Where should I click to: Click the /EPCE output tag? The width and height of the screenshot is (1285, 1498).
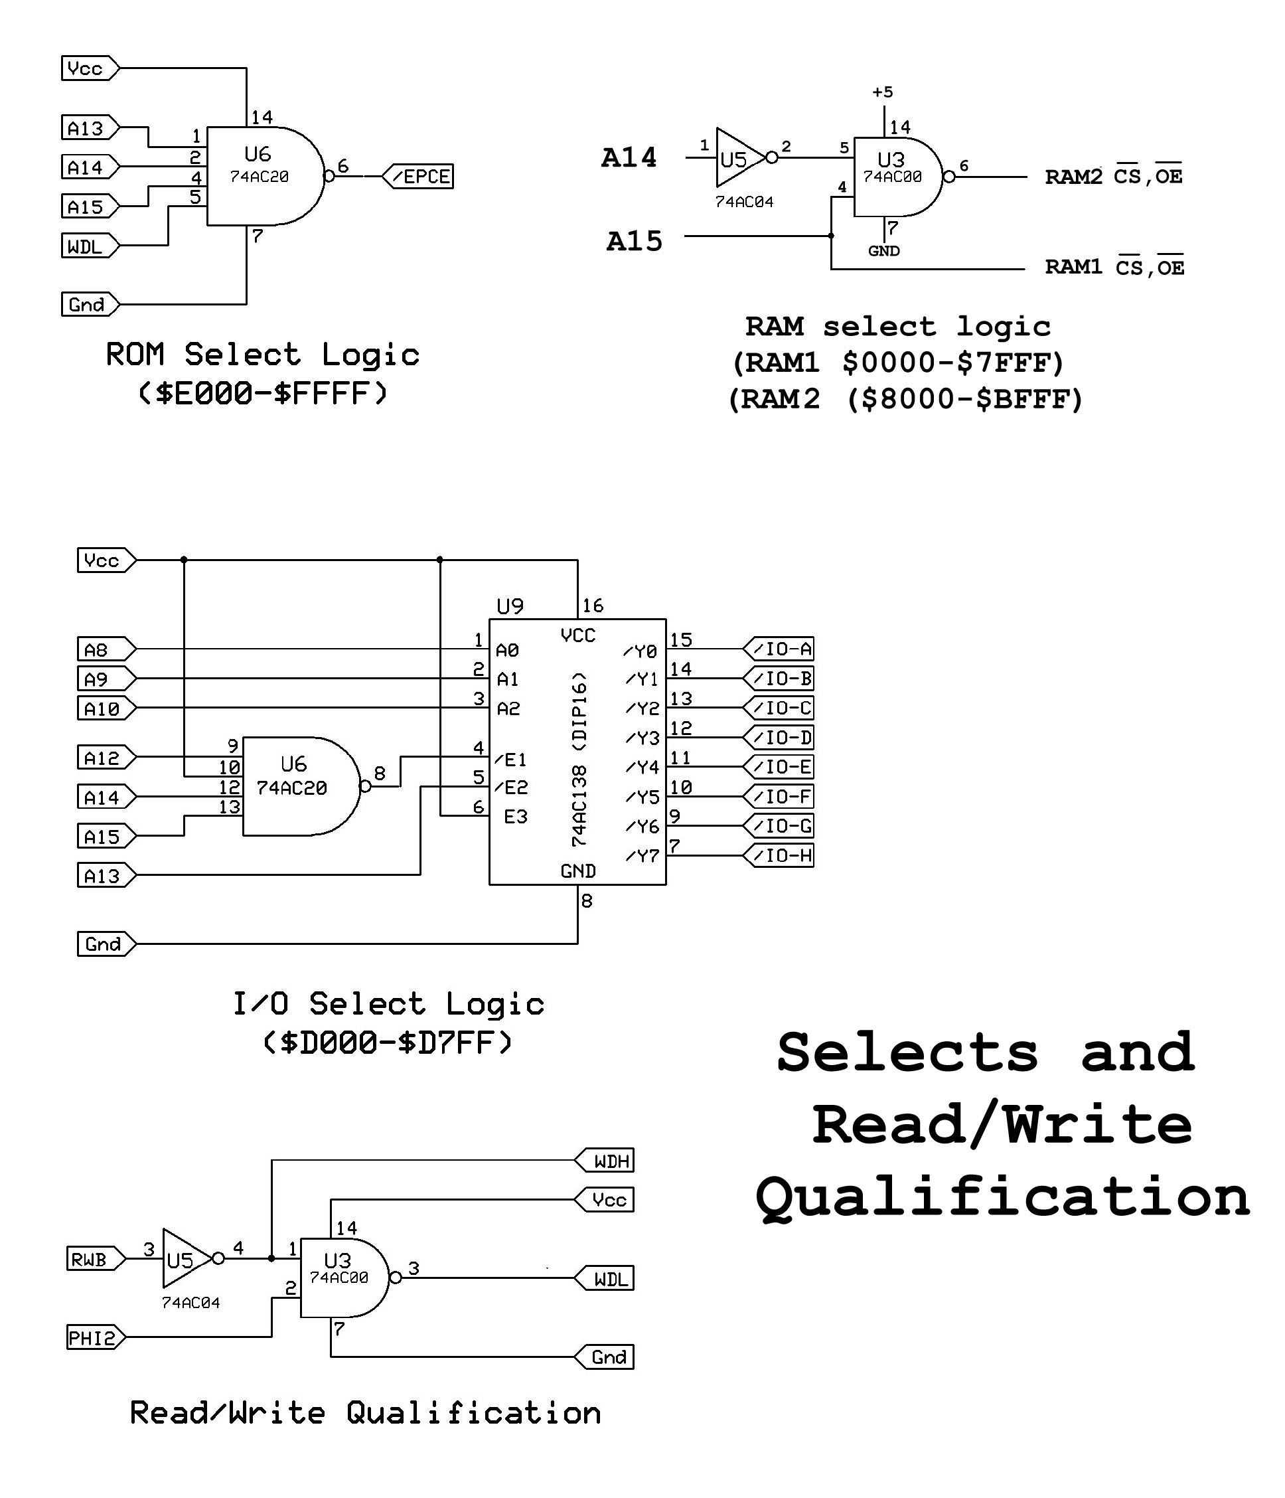pyautogui.click(x=419, y=177)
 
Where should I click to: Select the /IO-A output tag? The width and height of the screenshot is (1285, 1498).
pyautogui.click(x=780, y=649)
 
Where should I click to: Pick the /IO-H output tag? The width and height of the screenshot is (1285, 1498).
pyautogui.click(x=780, y=855)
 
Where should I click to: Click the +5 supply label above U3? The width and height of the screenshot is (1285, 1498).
pyautogui.click(x=883, y=92)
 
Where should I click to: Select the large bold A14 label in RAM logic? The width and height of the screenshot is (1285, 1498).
pyautogui.click(x=629, y=157)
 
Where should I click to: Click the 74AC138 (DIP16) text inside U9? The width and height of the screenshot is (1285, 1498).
pyautogui.click(x=579, y=759)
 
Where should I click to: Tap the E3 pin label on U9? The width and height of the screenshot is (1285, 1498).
pyautogui.click(x=515, y=817)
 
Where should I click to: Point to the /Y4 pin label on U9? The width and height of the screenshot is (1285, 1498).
pyautogui.click(x=642, y=767)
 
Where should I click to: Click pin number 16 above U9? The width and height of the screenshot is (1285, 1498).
pyautogui.click(x=593, y=605)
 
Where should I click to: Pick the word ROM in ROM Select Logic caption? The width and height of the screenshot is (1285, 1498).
pyautogui.click(x=135, y=355)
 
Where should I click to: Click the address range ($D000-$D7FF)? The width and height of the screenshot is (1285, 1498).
pyautogui.click(x=388, y=1042)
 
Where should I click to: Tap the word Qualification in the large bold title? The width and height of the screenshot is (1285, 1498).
pyautogui.click(x=1002, y=1197)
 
